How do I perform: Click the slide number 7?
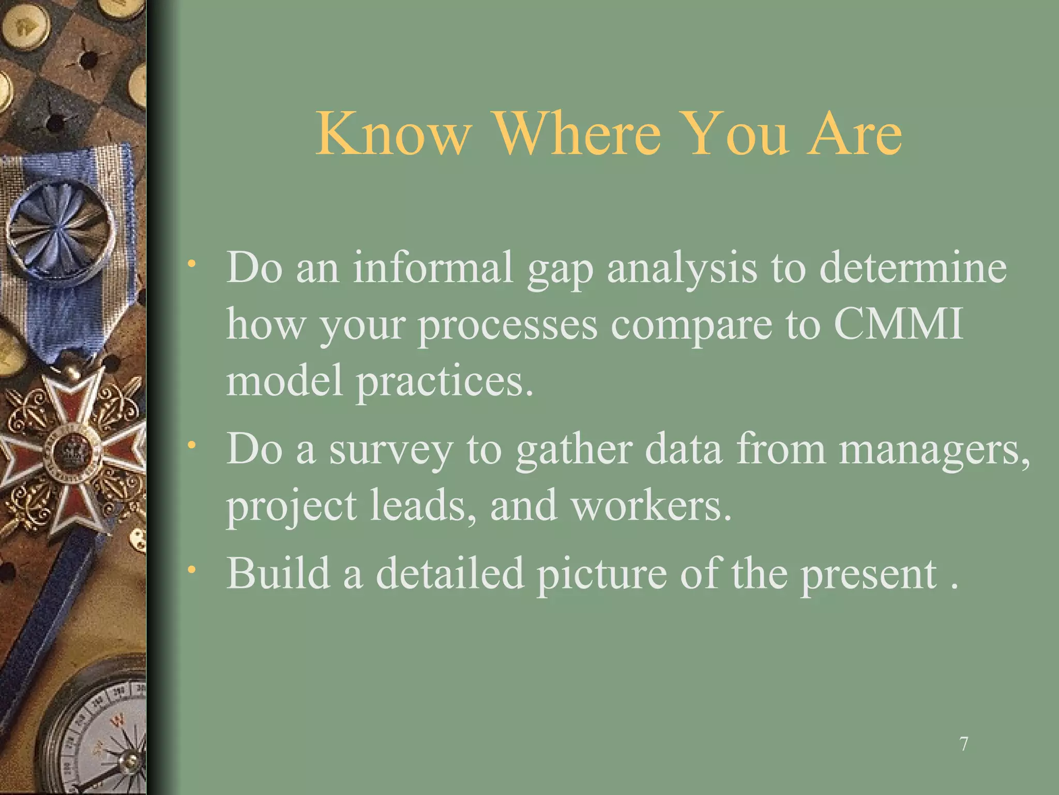pyautogui.click(x=964, y=744)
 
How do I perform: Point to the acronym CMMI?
pyautogui.click(x=898, y=325)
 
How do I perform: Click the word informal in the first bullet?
pyautogui.click(x=433, y=268)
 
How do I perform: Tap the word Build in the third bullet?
pyautogui.click(x=278, y=573)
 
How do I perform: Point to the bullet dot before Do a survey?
pyautogui.click(x=192, y=445)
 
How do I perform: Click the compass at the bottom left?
pyautogui.click(x=98, y=735)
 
